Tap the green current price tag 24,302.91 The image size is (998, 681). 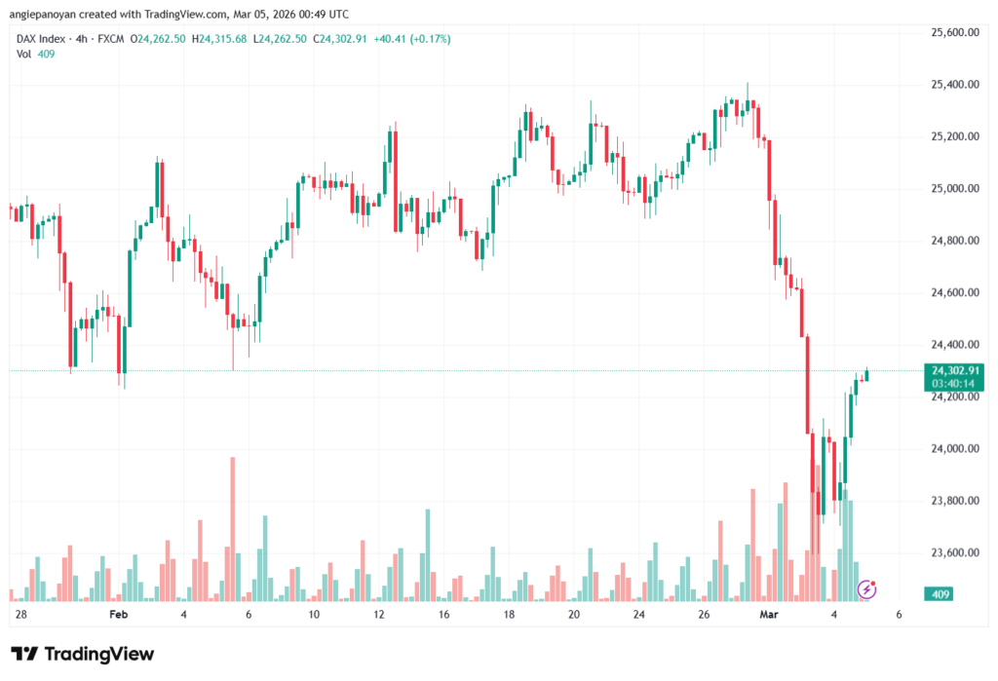(x=955, y=370)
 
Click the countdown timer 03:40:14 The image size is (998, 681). (x=955, y=383)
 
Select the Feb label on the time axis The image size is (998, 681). (x=119, y=615)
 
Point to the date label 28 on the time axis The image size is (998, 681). (x=21, y=615)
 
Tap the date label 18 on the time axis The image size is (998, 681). (x=509, y=615)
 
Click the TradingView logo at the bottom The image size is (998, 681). (x=82, y=654)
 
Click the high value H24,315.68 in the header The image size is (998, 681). (x=223, y=39)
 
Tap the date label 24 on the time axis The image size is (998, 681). (x=639, y=615)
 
